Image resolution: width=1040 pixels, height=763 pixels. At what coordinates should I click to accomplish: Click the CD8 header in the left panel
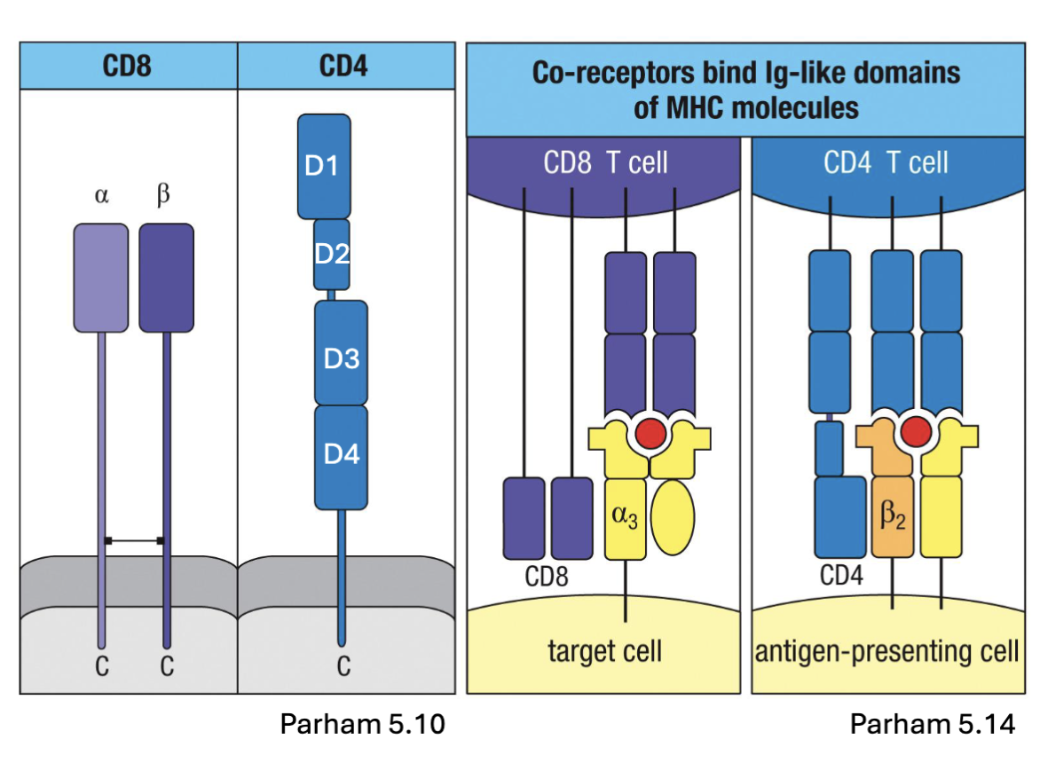coord(128,66)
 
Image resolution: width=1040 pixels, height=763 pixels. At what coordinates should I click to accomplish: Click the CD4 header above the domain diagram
coord(343,66)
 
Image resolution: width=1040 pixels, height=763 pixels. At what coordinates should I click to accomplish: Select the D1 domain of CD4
coord(324,166)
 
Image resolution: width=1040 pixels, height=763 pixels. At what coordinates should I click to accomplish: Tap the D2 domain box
coord(332,255)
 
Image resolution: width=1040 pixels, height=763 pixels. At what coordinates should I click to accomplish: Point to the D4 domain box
coord(341,456)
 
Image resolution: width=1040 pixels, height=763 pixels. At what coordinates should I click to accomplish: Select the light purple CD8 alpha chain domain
coord(101,278)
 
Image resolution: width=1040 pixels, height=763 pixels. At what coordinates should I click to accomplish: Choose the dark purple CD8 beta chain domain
coord(166,278)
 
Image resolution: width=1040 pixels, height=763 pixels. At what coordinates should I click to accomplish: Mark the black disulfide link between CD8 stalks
coord(134,539)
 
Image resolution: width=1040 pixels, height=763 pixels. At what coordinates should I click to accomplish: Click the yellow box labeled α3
coord(626,518)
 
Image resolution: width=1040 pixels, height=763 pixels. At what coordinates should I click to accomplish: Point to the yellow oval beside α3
coord(672,516)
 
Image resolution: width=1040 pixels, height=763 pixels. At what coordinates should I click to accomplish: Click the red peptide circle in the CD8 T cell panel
coord(649,432)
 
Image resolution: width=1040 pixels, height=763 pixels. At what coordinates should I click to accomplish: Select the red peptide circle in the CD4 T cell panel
coord(915,432)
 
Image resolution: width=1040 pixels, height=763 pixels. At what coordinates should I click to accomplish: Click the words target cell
coord(605,652)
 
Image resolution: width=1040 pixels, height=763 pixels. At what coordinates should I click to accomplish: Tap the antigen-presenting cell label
coord(886,652)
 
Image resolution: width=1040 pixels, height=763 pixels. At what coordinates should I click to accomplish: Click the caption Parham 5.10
coord(362,724)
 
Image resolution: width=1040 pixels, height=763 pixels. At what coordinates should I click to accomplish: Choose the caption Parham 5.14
coord(932,724)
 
